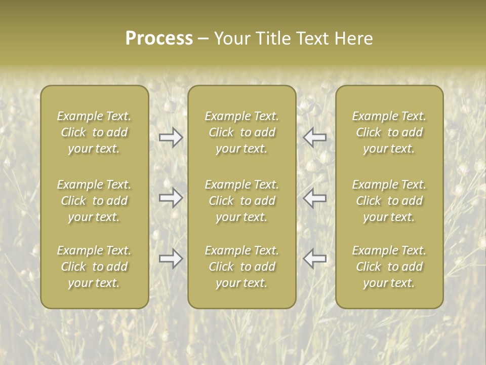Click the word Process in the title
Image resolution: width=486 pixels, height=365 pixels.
[159, 38]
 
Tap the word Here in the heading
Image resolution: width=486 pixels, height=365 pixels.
[353, 38]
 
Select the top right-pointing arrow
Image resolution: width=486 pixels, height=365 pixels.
[171, 137]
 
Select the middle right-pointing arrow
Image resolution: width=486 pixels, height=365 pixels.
[171, 198]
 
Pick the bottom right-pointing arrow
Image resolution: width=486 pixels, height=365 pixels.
[171, 259]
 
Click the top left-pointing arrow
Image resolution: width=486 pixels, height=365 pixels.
[314, 137]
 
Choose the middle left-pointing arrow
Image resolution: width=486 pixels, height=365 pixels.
[314, 198]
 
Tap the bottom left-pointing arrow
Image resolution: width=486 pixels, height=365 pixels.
[314, 259]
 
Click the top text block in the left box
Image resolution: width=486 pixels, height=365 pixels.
[94, 132]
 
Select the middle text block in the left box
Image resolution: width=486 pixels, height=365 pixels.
[94, 201]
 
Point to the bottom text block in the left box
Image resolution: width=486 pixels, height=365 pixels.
[94, 267]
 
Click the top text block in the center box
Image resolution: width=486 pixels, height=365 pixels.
[241, 132]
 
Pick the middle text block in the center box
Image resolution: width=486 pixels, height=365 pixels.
[241, 201]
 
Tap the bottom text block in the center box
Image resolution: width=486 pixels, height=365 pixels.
[241, 267]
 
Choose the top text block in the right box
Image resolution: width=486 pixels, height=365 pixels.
[389, 132]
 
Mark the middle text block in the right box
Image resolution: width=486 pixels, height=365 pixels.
[389, 201]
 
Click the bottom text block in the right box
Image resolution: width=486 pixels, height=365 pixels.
[389, 267]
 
